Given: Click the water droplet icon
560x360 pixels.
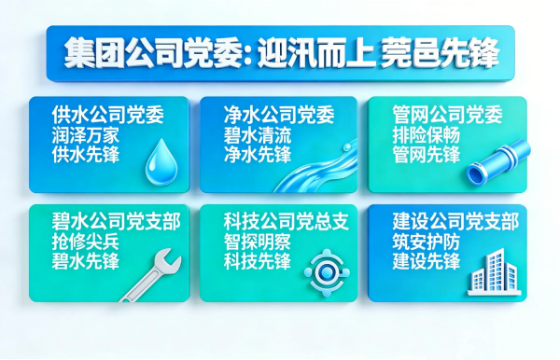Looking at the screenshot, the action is click(x=161, y=162).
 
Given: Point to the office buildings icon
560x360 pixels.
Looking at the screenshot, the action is click(x=495, y=273).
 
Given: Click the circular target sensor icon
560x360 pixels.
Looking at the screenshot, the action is click(x=326, y=273).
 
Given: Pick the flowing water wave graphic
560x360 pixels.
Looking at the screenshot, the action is click(x=316, y=167).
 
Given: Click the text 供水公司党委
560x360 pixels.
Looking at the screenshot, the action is click(x=107, y=115).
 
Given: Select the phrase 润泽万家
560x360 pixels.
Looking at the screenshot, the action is click(x=85, y=135).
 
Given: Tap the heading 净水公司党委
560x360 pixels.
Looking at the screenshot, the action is click(x=279, y=115).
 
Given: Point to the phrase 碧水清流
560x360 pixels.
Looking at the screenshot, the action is click(x=258, y=135).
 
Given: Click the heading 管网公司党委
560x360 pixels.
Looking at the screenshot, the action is click(x=447, y=115).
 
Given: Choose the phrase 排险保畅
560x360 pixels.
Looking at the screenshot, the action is click(x=426, y=135).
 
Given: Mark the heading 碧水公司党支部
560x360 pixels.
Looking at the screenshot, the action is click(x=116, y=221).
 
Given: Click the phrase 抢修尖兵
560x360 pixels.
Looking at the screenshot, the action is click(x=85, y=242).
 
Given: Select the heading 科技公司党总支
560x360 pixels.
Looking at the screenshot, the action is click(x=287, y=221).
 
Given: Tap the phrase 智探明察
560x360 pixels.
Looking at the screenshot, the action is click(x=258, y=242).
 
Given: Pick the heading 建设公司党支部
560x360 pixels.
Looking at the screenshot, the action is click(x=455, y=221).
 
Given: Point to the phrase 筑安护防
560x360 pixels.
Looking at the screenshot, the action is click(x=426, y=242).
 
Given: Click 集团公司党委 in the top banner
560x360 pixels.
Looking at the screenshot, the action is click(x=153, y=53).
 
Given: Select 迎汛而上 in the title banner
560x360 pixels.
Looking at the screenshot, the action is click(x=316, y=53).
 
